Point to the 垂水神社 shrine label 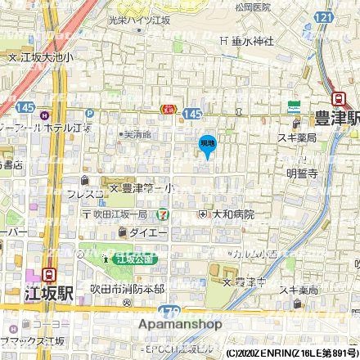point(246,39)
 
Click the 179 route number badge point(170,312)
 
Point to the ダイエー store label point(148,233)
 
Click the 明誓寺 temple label point(301,173)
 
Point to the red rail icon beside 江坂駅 point(50,275)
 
